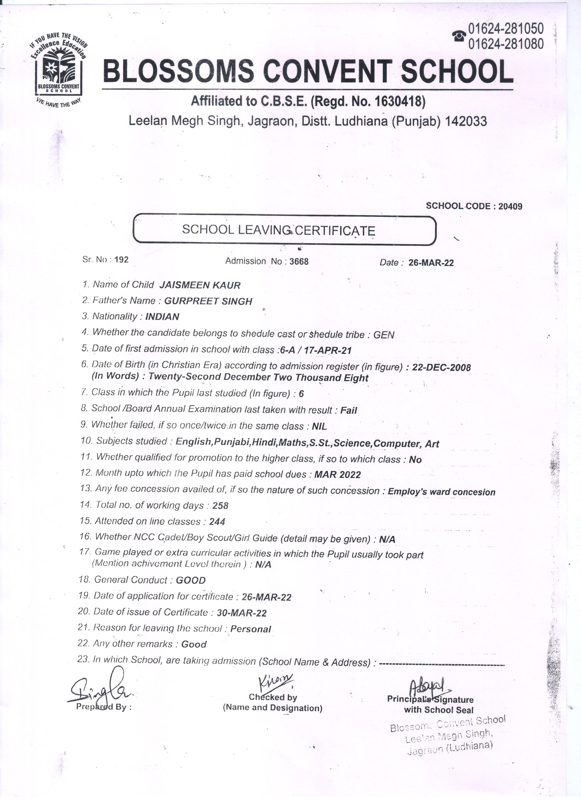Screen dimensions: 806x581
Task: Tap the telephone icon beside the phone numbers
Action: (x=459, y=36)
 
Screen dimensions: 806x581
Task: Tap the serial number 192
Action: (x=122, y=259)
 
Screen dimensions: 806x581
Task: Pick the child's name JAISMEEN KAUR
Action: (x=200, y=285)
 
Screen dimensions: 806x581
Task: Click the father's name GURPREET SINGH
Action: (x=208, y=301)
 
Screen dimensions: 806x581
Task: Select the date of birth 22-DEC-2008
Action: (x=441, y=367)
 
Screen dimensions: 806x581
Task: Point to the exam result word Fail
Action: (x=349, y=410)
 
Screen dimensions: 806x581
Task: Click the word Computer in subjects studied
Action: (x=396, y=444)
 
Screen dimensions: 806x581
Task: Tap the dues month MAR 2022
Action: (x=338, y=475)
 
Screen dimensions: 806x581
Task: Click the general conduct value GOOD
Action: (x=191, y=581)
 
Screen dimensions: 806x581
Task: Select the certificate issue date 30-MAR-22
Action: (x=242, y=613)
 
